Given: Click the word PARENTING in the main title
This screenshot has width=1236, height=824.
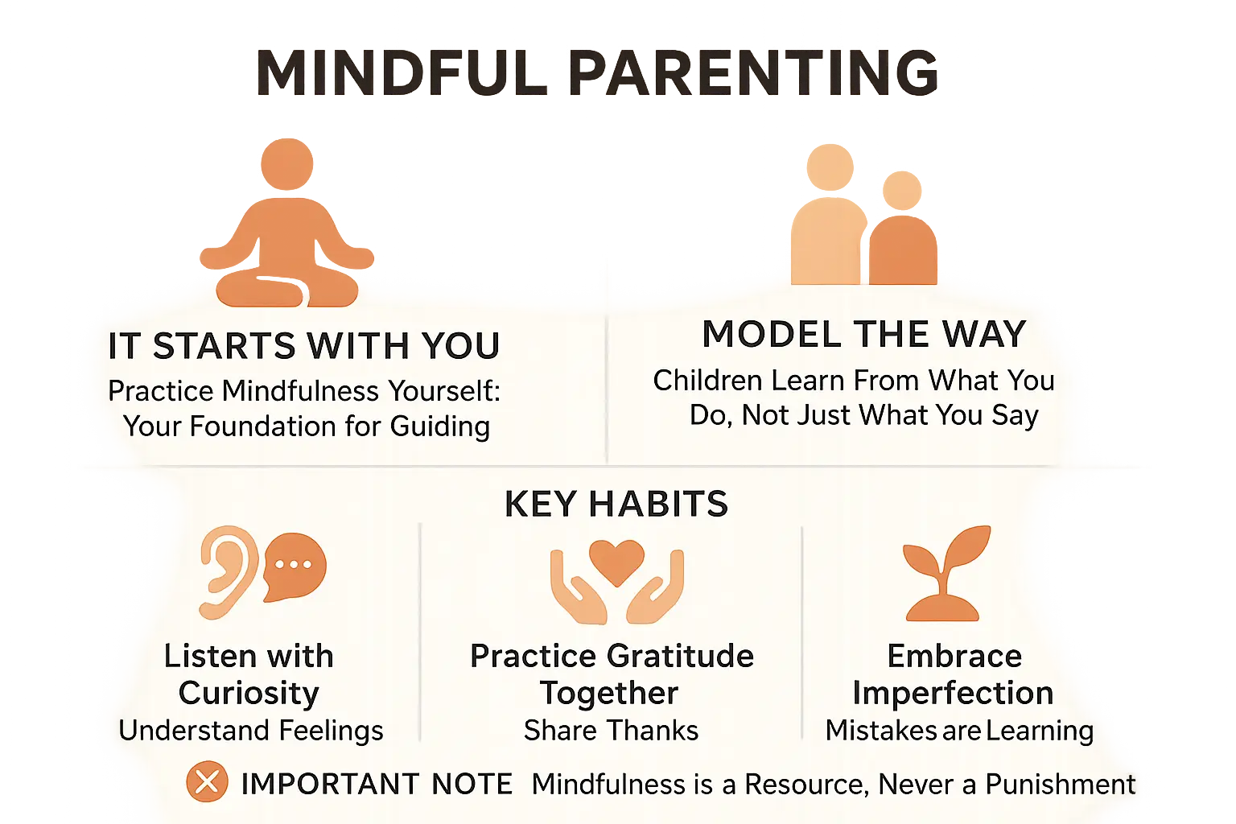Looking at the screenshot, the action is click(x=753, y=73).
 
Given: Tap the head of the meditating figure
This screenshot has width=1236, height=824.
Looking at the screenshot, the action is click(x=287, y=164).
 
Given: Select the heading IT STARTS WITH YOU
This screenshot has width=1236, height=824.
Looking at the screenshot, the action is click(x=304, y=345).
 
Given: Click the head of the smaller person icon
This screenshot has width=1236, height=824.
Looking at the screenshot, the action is click(x=902, y=191).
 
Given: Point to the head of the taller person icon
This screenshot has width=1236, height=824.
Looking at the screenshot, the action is click(x=830, y=167).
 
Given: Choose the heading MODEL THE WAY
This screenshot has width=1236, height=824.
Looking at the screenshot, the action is click(x=864, y=334).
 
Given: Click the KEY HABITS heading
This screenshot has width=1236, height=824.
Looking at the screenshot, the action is click(x=616, y=504).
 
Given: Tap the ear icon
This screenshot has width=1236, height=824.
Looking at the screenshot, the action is click(x=228, y=572).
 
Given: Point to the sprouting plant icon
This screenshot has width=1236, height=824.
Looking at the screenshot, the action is click(x=946, y=573).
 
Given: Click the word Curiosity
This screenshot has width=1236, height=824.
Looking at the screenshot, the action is click(x=249, y=693).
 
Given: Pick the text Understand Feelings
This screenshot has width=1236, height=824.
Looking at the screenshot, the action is click(x=251, y=730).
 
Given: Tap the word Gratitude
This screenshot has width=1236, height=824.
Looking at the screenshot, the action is click(x=680, y=656).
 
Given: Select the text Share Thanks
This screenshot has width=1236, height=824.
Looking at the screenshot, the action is click(x=612, y=730).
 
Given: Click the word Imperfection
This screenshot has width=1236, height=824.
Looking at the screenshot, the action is click(x=954, y=693).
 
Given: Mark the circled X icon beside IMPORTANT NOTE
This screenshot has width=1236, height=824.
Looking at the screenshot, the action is click(x=207, y=781).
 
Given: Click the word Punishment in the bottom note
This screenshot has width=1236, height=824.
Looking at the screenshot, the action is click(x=1061, y=784).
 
